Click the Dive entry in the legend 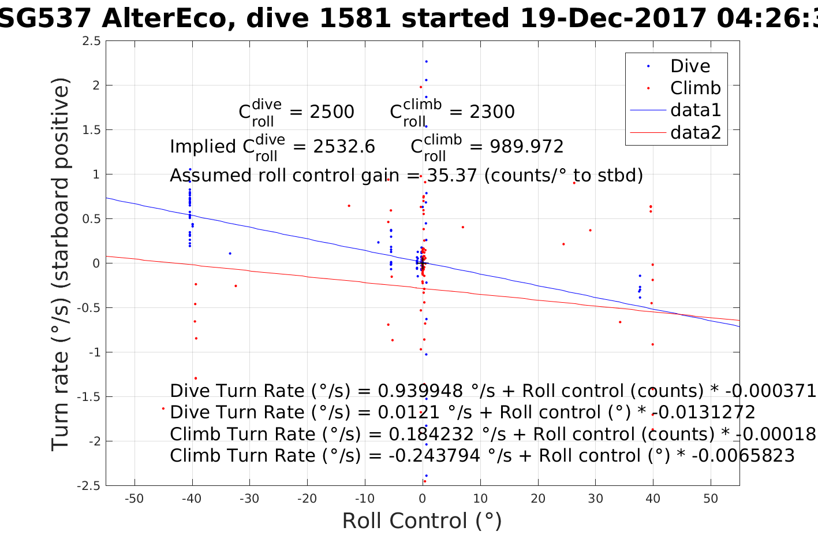click(x=690, y=66)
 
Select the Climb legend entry click(x=695, y=88)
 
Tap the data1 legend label click(x=696, y=110)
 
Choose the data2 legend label click(x=696, y=132)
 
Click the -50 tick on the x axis click(x=134, y=499)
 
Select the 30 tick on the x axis click(x=595, y=499)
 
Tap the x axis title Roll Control click(x=422, y=521)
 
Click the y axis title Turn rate click(x=61, y=263)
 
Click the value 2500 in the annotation click(x=332, y=112)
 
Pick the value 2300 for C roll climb click(x=492, y=112)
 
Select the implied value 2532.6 click(x=344, y=146)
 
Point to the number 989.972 click(x=526, y=146)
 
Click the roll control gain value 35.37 click(x=453, y=175)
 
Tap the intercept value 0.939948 click(x=420, y=391)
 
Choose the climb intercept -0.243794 click(x=434, y=456)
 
